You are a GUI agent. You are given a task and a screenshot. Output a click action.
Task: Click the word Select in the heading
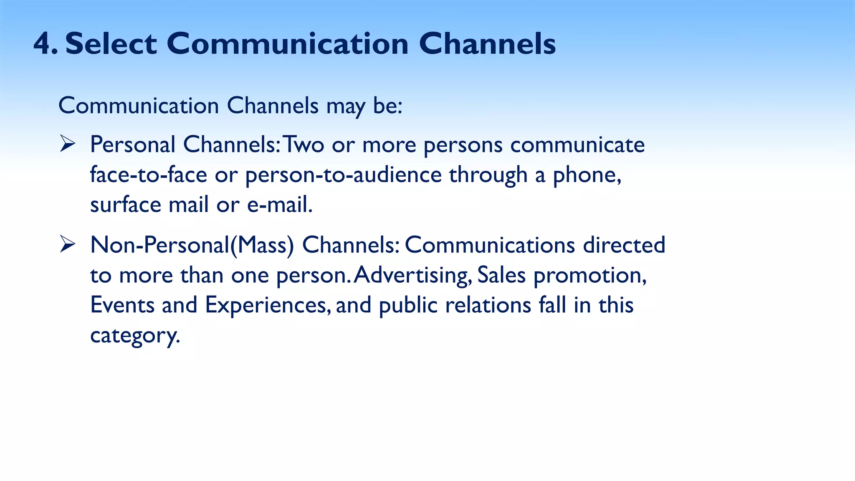[111, 44]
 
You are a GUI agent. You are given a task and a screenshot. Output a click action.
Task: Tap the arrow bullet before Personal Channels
[67, 144]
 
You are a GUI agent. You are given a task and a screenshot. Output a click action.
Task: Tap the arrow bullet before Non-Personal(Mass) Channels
[67, 244]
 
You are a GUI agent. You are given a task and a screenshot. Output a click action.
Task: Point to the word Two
[304, 145]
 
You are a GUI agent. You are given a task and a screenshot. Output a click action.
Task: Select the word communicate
[577, 145]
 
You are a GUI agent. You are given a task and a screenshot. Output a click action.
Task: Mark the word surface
[126, 205]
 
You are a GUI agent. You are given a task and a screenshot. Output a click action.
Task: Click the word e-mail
[279, 205]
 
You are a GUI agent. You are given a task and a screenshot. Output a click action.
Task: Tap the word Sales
[501, 275]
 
